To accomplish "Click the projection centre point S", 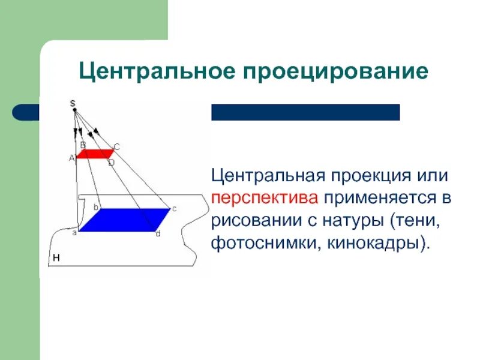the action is (x=73, y=109).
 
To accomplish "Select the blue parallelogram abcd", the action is (x=124, y=220).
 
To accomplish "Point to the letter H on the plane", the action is (x=56, y=258).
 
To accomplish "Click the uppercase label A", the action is (x=71, y=158).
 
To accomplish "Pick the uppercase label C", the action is (x=116, y=146).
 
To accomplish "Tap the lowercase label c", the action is (x=174, y=209).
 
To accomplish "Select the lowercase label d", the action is (x=158, y=234).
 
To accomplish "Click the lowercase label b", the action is (x=95, y=207).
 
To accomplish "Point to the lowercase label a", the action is (x=74, y=232).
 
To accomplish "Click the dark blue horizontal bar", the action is (x=305, y=112).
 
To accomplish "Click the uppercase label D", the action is (x=111, y=163).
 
